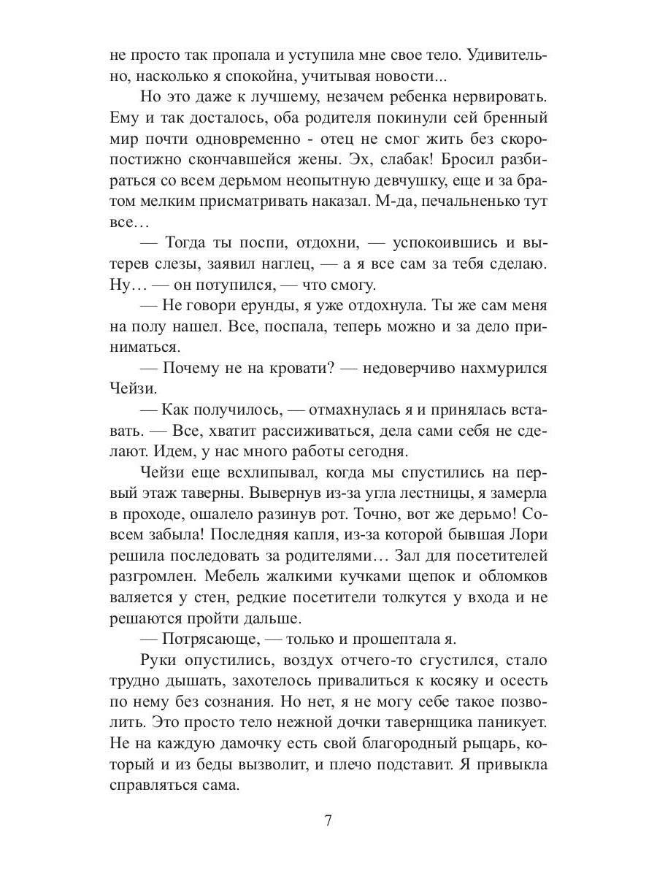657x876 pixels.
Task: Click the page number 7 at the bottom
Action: point(328,820)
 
